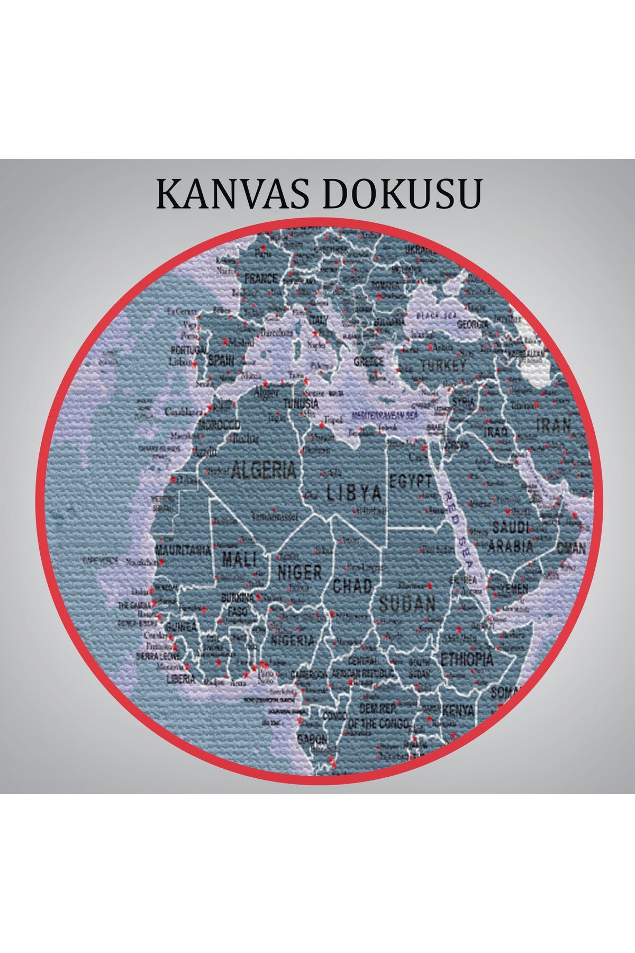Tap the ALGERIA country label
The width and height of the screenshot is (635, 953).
tap(264, 470)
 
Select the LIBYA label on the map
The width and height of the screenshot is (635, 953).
tap(353, 494)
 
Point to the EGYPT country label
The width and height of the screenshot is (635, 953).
tap(411, 481)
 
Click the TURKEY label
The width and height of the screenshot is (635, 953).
tap(443, 364)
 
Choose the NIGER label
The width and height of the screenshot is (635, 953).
tap(300, 572)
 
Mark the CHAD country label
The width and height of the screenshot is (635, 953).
tap(352, 585)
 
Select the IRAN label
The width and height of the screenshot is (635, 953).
tap(554, 425)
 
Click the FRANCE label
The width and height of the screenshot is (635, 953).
tap(260, 278)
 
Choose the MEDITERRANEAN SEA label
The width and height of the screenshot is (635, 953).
tap(385, 415)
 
